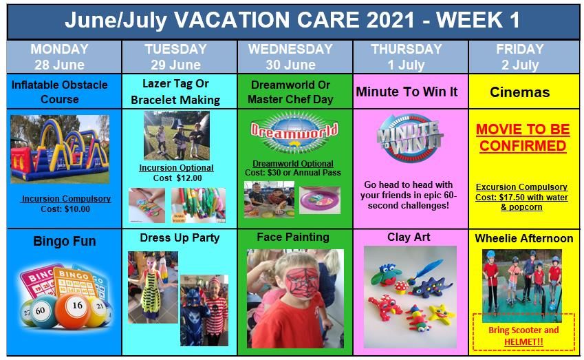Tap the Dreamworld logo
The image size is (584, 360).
click(294, 132)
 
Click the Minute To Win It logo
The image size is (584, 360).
click(410, 138)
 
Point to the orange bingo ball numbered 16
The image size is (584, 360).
click(73, 309)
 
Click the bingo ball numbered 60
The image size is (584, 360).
click(43, 311)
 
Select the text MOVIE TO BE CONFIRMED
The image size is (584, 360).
click(523, 138)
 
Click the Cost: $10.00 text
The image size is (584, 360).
click(65, 209)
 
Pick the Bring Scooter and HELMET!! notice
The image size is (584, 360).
click(523, 336)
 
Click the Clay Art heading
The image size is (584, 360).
click(409, 237)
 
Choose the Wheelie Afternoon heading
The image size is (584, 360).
click(524, 238)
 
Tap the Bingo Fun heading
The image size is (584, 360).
click(65, 241)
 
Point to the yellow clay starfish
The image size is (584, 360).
click(441, 313)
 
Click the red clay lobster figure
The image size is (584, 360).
click(385, 306)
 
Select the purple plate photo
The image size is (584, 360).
click(320, 200)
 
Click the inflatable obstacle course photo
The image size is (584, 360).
click(60, 149)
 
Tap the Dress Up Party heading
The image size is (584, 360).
click(180, 237)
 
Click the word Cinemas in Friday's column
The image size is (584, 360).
click(519, 92)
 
